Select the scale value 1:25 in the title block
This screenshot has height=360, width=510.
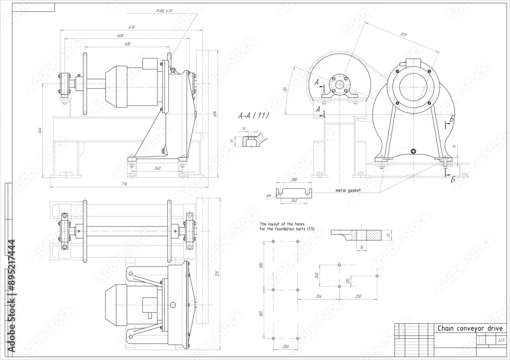[x=500, y=340]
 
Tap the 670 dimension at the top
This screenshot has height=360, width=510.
[x=133, y=27]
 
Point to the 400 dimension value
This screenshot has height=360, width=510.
[x=127, y=44]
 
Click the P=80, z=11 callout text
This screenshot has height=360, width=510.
[x=165, y=11]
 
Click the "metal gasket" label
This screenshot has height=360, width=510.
[x=348, y=190]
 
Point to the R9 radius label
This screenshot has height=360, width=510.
[x=268, y=195]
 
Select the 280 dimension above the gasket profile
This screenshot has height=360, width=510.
[x=293, y=179]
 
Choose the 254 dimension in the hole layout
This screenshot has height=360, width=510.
[x=319, y=296]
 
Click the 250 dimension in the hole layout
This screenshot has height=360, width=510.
[x=358, y=296]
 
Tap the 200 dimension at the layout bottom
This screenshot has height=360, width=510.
[x=285, y=346]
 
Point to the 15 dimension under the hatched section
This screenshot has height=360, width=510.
[x=362, y=247]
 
